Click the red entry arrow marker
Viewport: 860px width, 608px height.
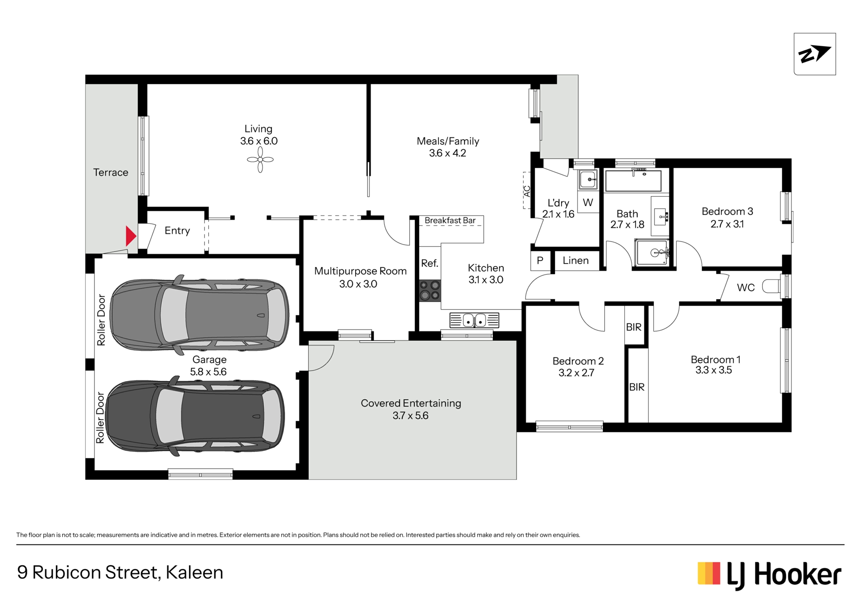tap(131, 236)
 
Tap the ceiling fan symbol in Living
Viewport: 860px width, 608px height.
tap(260, 160)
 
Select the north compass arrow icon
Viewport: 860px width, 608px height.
tap(814, 54)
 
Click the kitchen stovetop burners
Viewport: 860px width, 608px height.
tap(430, 290)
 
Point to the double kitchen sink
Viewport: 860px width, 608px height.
tap(474, 320)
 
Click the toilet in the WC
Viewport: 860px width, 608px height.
tap(772, 286)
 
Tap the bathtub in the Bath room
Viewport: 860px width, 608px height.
tap(633, 181)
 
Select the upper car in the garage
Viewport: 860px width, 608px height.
tap(199, 315)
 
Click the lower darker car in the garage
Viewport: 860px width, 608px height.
tap(195, 416)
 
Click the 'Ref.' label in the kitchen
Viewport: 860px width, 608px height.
tap(430, 263)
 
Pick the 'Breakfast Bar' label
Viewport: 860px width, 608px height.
tap(450, 220)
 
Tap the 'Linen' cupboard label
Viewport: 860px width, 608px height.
tap(576, 260)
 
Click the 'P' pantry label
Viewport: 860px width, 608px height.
tap(540, 260)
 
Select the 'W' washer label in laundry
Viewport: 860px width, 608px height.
tap(588, 203)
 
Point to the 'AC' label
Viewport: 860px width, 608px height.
tap(527, 191)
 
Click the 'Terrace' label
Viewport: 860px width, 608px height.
tap(111, 172)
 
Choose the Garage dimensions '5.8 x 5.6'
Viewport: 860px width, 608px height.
tap(208, 371)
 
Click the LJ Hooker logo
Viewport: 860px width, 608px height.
tap(769, 575)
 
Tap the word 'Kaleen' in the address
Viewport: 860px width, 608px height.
tap(194, 573)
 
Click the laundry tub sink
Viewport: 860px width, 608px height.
tap(588, 180)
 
